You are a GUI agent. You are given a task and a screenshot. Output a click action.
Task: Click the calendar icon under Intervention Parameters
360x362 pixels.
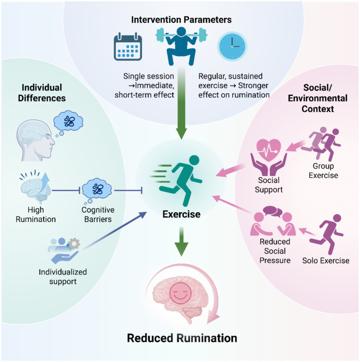point(128,46)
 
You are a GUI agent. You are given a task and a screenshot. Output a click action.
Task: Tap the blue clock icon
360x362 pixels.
point(232,46)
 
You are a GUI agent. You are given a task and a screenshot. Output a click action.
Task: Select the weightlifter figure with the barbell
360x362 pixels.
point(181,46)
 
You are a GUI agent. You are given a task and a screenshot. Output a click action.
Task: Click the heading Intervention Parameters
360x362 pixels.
point(181,20)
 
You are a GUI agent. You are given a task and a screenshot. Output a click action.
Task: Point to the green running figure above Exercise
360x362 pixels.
point(182,180)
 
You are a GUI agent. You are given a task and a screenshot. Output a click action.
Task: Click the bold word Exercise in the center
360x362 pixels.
point(181,214)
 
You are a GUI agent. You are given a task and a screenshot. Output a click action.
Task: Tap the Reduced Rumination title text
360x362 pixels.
point(182,338)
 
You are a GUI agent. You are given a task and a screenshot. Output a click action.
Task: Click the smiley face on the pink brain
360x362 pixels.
point(180,293)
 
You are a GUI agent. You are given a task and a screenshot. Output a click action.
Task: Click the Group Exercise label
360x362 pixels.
point(323,170)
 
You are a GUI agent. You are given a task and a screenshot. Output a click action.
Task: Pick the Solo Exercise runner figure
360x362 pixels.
point(326,234)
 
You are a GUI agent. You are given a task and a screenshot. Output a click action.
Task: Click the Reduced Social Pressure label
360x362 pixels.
point(275,251)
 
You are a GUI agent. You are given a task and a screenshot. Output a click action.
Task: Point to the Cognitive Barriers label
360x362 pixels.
point(98,215)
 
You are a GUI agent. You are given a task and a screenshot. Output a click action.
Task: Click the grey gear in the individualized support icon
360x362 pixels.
point(74,244)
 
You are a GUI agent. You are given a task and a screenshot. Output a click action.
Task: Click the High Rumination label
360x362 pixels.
point(36,215)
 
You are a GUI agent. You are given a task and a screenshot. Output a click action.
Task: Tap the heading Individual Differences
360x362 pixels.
point(42,93)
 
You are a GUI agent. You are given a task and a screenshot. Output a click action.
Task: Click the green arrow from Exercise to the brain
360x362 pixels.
point(182,241)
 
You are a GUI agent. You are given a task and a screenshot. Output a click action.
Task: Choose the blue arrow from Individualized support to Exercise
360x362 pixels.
point(115,231)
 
